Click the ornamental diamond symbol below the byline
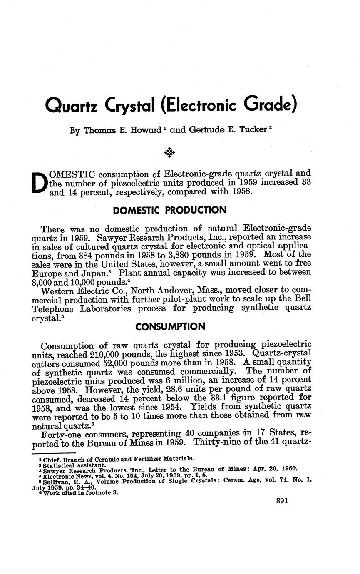(x=169, y=153)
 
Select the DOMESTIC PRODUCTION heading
(x=170, y=210)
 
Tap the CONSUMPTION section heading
(x=170, y=326)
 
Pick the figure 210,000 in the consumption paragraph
(x=126, y=354)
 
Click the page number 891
(x=282, y=501)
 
